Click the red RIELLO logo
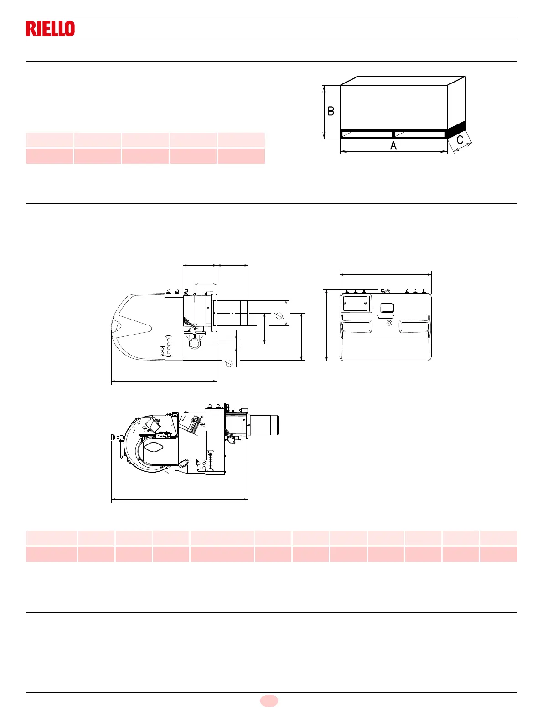[50, 29]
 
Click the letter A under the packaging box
[393, 145]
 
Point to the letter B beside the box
[331, 111]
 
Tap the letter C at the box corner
[460, 140]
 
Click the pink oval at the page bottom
[269, 701]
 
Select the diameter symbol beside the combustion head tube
[279, 315]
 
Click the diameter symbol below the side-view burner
[229, 363]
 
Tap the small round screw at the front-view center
[389, 323]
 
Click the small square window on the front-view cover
[387, 308]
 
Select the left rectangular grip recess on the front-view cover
[356, 327]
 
